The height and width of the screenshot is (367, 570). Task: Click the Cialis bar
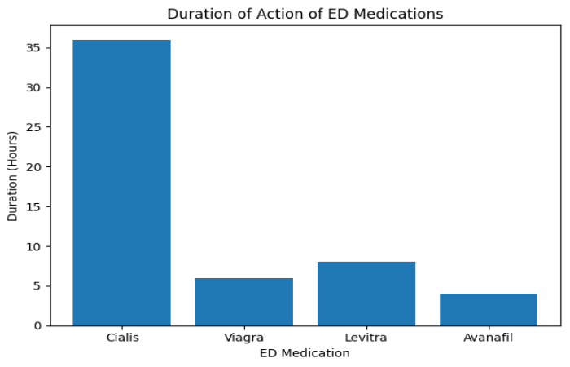click(121, 183)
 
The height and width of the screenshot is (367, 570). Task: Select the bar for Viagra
click(243, 302)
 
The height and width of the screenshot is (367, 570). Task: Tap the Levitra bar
click(366, 294)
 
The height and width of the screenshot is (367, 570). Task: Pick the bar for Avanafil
click(488, 310)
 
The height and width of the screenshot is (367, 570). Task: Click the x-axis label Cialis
click(121, 338)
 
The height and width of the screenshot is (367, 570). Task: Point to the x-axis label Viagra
click(243, 338)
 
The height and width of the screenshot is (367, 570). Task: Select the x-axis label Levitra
click(366, 338)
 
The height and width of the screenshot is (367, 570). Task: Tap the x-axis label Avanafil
click(488, 338)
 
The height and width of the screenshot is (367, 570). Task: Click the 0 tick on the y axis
click(38, 325)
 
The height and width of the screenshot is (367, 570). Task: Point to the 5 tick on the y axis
click(38, 286)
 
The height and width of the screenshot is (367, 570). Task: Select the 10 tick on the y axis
click(36, 246)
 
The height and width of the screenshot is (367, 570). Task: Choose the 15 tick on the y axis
click(36, 207)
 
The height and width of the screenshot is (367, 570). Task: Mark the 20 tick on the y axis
click(36, 167)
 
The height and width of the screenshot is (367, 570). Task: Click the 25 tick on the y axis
click(36, 127)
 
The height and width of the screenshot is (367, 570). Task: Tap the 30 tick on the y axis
click(36, 88)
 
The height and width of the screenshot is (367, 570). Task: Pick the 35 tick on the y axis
click(36, 48)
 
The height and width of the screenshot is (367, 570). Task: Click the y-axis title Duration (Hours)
click(12, 175)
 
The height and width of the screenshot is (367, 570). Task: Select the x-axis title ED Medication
click(305, 353)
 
